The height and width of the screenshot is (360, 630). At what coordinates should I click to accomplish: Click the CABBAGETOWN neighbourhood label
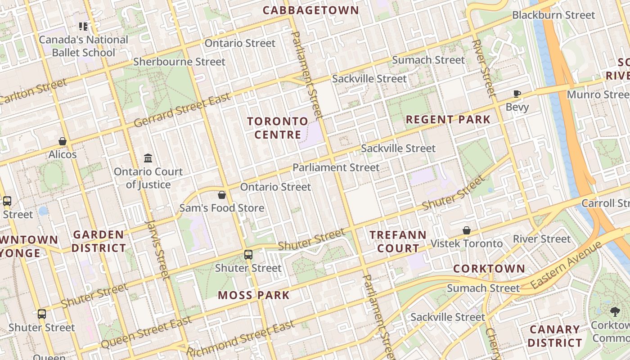(x=310, y=10)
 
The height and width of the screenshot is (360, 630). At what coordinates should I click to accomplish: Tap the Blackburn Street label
(x=553, y=15)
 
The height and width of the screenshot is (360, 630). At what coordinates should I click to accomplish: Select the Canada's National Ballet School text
(x=83, y=46)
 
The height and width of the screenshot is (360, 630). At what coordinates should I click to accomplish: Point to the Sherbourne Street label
(x=179, y=62)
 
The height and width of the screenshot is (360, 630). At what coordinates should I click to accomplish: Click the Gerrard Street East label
(x=182, y=109)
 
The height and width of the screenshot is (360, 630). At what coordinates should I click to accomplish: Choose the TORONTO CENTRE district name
(x=278, y=128)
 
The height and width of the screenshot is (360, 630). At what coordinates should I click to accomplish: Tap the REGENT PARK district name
(x=448, y=120)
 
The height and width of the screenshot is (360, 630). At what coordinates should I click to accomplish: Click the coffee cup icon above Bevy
(x=517, y=94)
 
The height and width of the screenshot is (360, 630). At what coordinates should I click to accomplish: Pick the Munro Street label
(x=598, y=94)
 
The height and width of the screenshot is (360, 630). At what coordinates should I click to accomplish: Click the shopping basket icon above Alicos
(x=63, y=142)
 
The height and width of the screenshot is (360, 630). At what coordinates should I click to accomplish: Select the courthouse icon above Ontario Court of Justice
(x=148, y=158)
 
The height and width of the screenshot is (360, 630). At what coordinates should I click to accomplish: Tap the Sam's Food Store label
(x=221, y=208)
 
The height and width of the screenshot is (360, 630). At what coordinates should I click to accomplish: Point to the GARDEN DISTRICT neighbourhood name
(x=99, y=241)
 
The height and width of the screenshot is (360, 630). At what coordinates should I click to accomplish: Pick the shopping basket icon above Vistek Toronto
(x=467, y=230)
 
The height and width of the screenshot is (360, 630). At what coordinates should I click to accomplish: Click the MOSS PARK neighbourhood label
(x=254, y=295)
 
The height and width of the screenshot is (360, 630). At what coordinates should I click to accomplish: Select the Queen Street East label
(x=146, y=333)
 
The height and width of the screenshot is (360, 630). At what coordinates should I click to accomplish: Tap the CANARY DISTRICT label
(x=554, y=336)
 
